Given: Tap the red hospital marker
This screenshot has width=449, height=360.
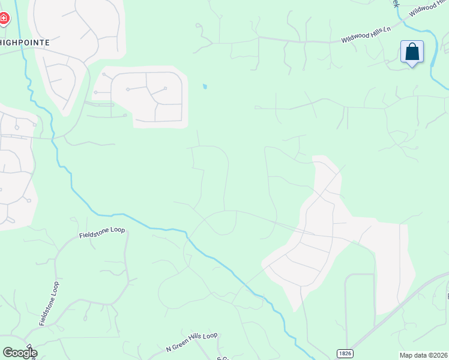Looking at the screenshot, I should pos(4,19).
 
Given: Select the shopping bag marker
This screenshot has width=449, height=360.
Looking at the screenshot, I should pos(412,52).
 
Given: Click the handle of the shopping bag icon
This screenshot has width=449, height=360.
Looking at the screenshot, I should pos(412,47).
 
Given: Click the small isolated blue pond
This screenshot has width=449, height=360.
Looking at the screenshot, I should pos(205,86).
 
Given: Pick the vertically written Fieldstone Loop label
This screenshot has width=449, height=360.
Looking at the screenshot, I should pos(49,303).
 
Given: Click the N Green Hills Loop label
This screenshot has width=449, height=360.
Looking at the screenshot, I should pos(191,342).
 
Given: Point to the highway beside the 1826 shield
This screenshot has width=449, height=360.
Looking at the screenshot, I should pos(384,324).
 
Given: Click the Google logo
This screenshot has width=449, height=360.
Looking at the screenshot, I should pos(19,353).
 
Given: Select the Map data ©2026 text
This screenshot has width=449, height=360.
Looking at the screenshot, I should pos(423,355).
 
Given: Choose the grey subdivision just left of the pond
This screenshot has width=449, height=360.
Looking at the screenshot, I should pos(147,96).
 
